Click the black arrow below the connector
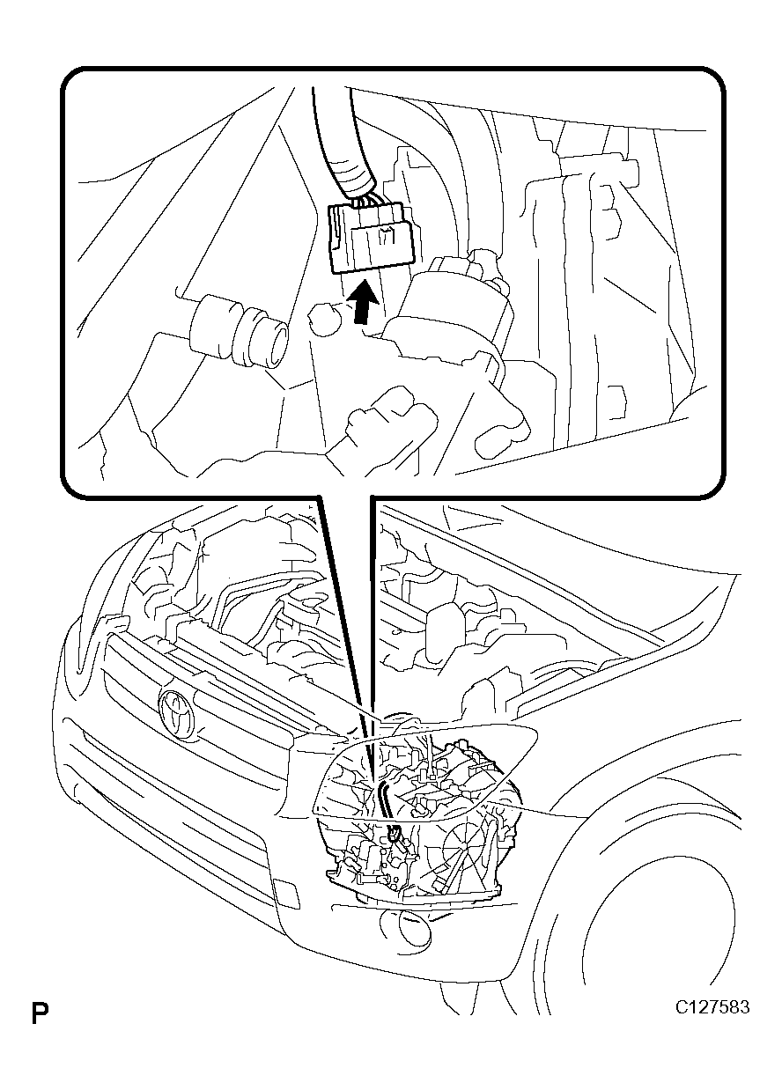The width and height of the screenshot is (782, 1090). coord(365,303)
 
